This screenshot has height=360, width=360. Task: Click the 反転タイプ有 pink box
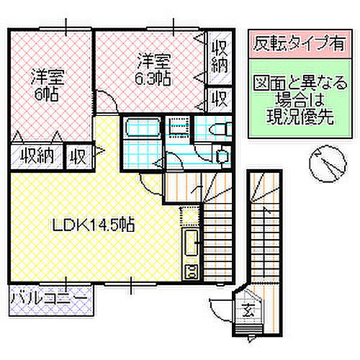[296, 42]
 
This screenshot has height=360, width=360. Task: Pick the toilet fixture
[216, 130]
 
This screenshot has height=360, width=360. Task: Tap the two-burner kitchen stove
[192, 271]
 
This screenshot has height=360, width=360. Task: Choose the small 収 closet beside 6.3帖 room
[219, 96]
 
